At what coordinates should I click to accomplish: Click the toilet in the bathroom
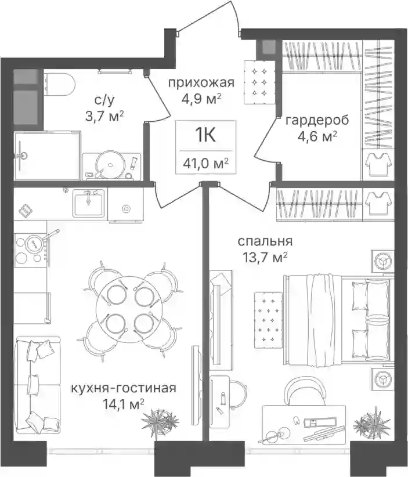tap(60, 82)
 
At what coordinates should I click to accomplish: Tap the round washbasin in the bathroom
tap(110, 165)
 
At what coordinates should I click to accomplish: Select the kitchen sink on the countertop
tap(88, 203)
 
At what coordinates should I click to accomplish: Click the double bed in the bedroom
tap(337, 319)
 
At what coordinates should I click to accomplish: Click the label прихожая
tap(201, 82)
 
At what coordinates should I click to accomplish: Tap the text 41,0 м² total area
tap(205, 164)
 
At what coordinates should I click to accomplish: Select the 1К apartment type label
tap(205, 136)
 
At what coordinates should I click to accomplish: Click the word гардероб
tap(317, 121)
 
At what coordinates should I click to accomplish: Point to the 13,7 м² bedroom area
tap(265, 258)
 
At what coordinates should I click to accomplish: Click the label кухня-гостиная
tap(123, 388)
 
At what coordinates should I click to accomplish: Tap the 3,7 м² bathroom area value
tap(104, 116)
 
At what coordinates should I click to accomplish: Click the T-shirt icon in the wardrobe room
tap(378, 164)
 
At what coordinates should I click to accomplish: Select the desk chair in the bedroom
tap(305, 392)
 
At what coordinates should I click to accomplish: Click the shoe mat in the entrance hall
tap(259, 82)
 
